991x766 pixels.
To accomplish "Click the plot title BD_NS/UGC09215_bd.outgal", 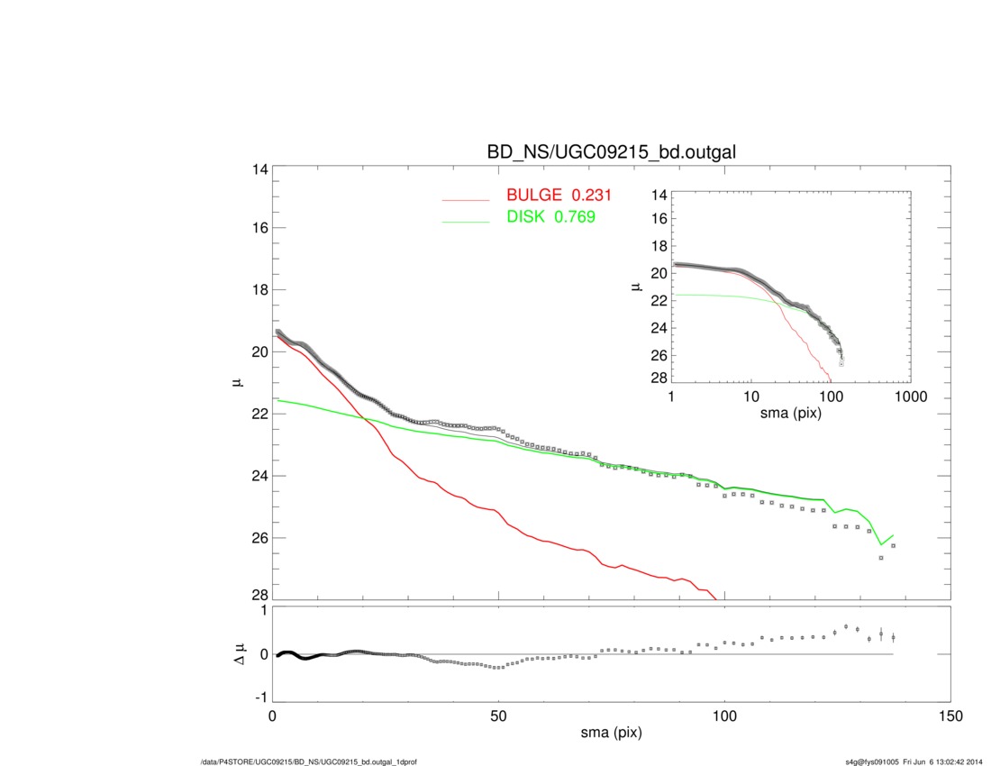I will click(611, 152).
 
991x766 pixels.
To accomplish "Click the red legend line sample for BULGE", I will click(466, 200).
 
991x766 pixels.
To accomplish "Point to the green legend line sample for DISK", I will click(466, 222).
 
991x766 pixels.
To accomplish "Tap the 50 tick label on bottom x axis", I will click(498, 716).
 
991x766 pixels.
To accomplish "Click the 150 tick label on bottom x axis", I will click(950, 716).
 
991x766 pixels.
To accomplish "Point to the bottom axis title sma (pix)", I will click(610, 734).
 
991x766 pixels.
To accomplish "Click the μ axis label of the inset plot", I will click(637, 287).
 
